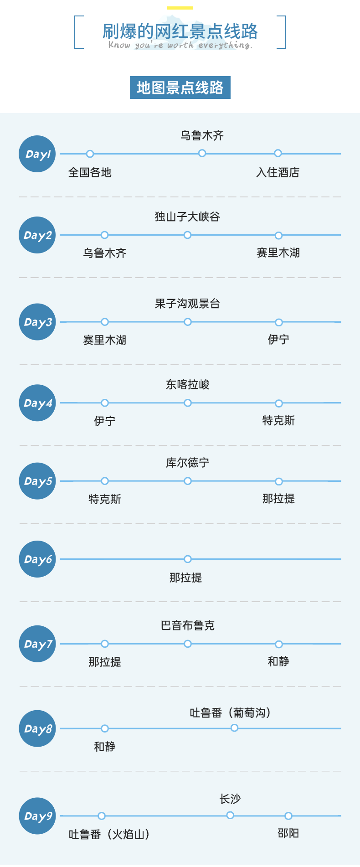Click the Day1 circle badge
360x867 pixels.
[x=37, y=154]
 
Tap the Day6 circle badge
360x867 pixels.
[x=37, y=559]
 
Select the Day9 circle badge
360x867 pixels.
[x=37, y=816]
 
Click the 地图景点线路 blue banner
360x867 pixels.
[x=180, y=88]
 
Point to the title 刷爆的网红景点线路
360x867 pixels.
[x=180, y=31]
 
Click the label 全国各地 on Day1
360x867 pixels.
[x=90, y=172]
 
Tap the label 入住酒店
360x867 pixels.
[x=278, y=172]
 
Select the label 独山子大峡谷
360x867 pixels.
[x=187, y=217]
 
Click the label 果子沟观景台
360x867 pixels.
[x=187, y=304]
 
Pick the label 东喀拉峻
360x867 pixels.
[x=187, y=385]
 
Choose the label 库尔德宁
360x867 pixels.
[x=187, y=463]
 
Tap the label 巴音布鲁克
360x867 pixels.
[x=187, y=625]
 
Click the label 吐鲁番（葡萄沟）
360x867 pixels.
[x=231, y=712]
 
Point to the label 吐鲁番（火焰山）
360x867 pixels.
[x=109, y=834]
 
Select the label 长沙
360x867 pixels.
[x=230, y=799]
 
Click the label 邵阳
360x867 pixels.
[x=288, y=833]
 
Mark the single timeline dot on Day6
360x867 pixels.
[x=187, y=559]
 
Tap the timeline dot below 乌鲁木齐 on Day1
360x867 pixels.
[x=202, y=154]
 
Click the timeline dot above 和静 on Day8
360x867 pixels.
[x=105, y=728]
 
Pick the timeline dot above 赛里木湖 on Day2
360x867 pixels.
[x=278, y=235]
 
